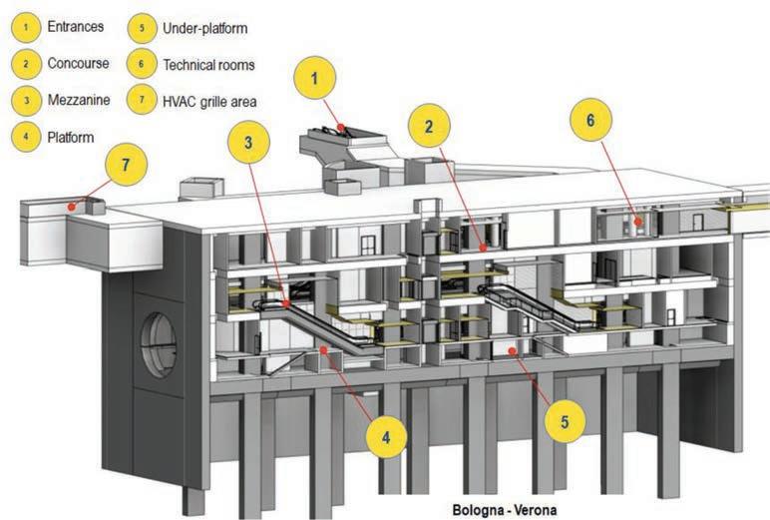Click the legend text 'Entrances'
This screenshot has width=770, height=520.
pos(76,27)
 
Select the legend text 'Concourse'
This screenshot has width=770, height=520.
pos(78,63)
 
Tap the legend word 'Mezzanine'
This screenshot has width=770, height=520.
pos(78,100)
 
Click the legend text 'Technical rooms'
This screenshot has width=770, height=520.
pos(207,64)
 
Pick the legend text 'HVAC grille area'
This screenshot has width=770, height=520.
pos(211,100)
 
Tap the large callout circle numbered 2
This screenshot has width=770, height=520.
pos(428,128)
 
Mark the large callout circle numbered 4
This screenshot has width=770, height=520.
pos(385,436)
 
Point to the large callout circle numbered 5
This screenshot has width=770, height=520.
pos(565,421)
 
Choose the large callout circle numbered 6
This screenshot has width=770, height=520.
pos(590,120)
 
